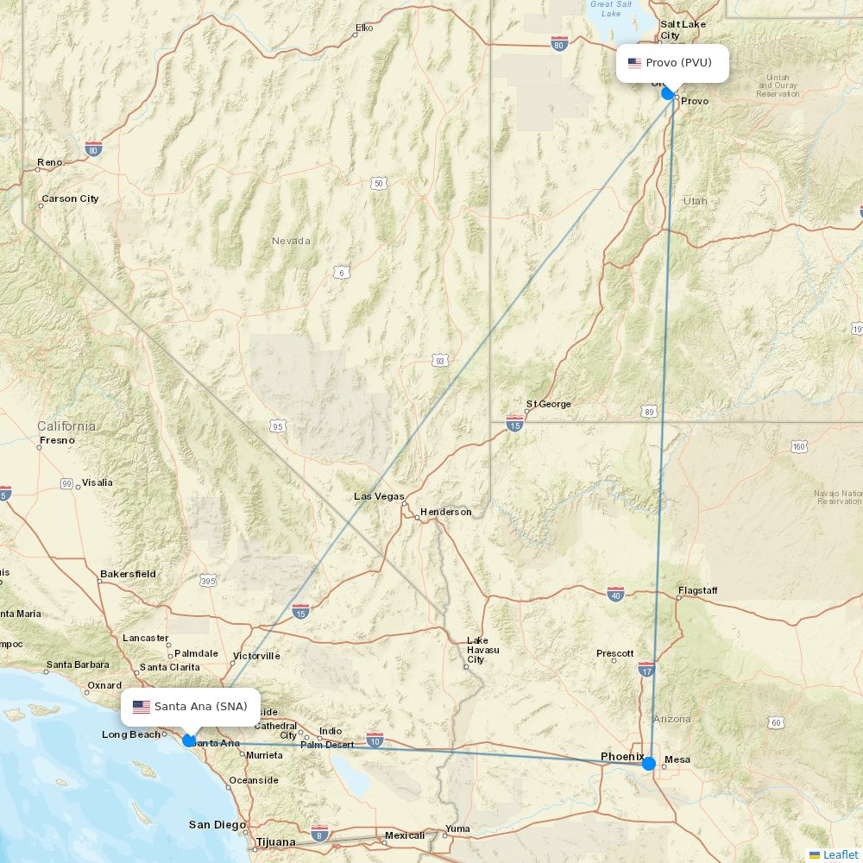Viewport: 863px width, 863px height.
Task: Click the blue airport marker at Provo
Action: click(667, 93)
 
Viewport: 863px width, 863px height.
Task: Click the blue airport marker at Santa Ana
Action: click(189, 740)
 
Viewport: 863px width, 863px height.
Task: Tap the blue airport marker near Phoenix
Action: click(649, 763)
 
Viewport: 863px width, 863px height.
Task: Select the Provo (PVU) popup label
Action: click(672, 63)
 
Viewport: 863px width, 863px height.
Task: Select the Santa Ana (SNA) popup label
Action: click(191, 707)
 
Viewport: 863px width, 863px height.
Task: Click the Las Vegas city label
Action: click(379, 496)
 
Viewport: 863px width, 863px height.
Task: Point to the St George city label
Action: click(549, 404)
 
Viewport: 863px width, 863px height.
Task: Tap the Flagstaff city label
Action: click(697, 591)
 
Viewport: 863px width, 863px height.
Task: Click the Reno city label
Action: click(49, 162)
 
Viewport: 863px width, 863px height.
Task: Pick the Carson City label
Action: click(70, 198)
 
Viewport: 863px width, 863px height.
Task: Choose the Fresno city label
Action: click(57, 440)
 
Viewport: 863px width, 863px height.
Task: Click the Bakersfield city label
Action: click(128, 574)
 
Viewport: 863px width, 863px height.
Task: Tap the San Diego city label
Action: click(217, 825)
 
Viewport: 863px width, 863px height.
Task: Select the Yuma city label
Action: click(457, 828)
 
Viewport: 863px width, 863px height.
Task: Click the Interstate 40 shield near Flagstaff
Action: click(615, 594)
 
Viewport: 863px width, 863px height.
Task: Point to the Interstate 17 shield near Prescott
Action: click(647, 669)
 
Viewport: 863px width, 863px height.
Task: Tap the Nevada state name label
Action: click(291, 241)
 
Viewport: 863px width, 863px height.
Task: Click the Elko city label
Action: click(363, 28)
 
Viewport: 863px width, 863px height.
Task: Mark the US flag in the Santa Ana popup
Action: click(142, 707)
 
